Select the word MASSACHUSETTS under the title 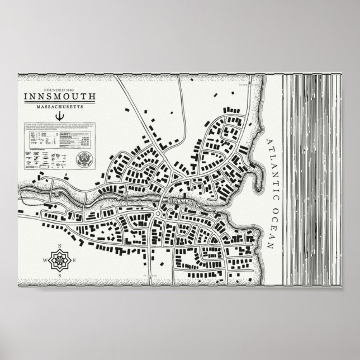pyautogui.click(x=59, y=106)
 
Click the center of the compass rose pyautogui.click(x=59, y=260)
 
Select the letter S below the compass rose pyautogui.click(x=59, y=275)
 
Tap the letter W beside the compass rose pyautogui.click(x=44, y=260)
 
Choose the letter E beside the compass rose pyautogui.click(x=73, y=260)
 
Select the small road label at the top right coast pyautogui.click(x=250, y=85)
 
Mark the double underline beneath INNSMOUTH pyautogui.click(x=59, y=101)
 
